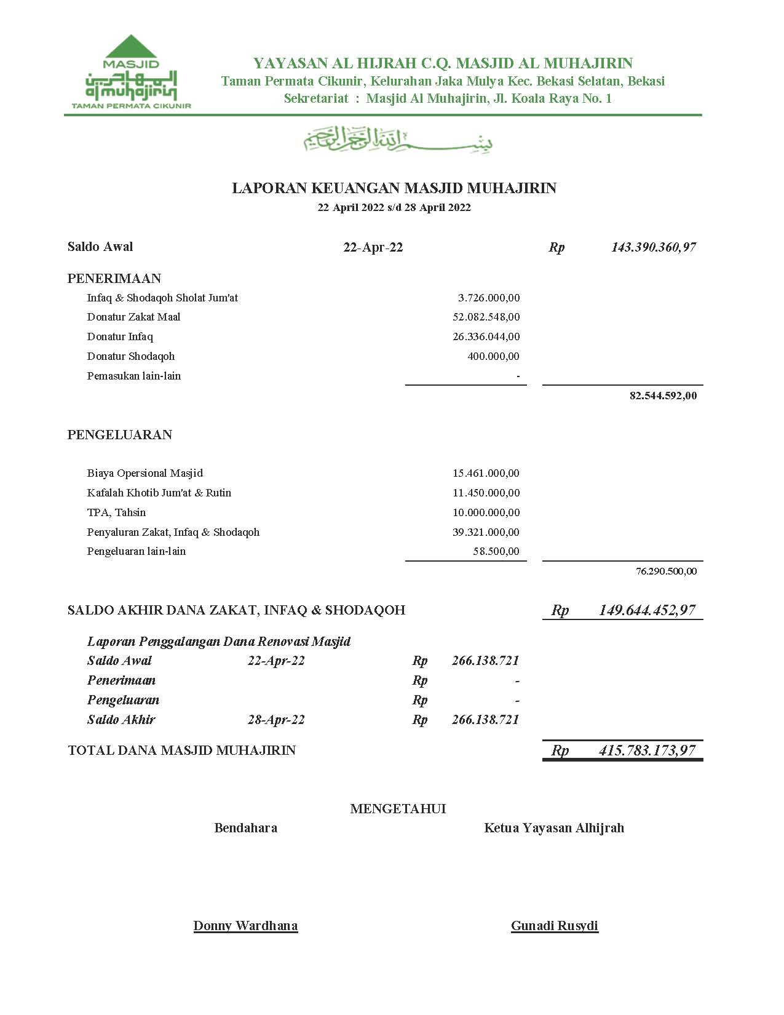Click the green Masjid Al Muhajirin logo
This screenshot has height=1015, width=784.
click(x=131, y=72)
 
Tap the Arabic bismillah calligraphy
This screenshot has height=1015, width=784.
click(x=398, y=140)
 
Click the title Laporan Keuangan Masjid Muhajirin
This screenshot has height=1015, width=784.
click(x=394, y=188)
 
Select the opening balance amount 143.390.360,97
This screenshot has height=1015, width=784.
click(x=653, y=247)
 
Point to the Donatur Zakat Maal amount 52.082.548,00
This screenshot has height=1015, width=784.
click(x=486, y=317)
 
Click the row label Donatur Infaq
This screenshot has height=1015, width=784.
click(x=120, y=337)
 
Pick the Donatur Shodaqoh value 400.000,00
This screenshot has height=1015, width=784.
click(x=493, y=357)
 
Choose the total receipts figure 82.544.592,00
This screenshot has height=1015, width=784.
click(x=663, y=396)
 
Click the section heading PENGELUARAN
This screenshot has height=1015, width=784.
click(x=120, y=435)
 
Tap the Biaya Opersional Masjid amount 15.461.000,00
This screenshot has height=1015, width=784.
click(x=486, y=474)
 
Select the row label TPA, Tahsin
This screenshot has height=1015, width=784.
click(x=116, y=512)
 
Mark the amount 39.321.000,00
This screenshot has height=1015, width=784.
click(x=486, y=532)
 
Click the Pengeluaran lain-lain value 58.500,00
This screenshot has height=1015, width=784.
click(x=496, y=552)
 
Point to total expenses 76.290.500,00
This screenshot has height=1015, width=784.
click(x=666, y=571)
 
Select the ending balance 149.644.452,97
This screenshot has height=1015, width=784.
click(x=647, y=610)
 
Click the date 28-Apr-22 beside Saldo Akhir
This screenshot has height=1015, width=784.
click(x=276, y=720)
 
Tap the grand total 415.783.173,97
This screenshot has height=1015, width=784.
click(x=647, y=750)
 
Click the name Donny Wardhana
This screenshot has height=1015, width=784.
click(x=245, y=926)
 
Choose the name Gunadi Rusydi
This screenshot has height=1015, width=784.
click(x=555, y=926)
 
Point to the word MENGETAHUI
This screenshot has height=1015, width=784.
click(x=398, y=809)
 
